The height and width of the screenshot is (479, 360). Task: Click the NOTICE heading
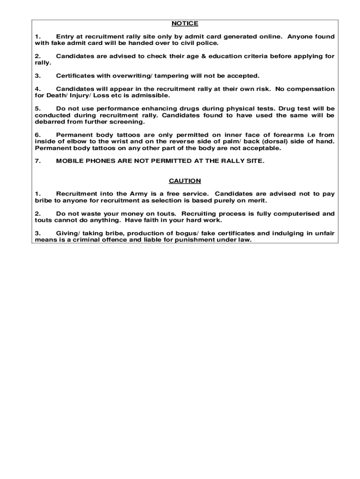pyautogui.click(x=185, y=23)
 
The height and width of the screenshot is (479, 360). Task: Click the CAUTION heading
pyautogui.click(x=185, y=181)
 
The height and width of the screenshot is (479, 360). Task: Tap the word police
pyautogui.click(x=206, y=43)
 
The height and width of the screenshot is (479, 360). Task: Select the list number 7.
pyautogui.click(x=38, y=161)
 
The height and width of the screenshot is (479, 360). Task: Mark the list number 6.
pyautogui.click(x=38, y=135)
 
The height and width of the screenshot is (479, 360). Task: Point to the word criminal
pyautogui.click(x=82, y=239)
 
